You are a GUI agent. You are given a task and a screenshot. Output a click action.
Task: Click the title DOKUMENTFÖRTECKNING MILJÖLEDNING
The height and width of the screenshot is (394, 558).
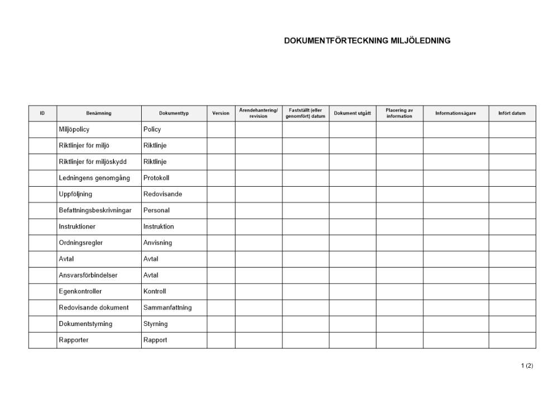[367, 41]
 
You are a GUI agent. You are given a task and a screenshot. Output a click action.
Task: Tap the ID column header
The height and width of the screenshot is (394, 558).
[42, 113]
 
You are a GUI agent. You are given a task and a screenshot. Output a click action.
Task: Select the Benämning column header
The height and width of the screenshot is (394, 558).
[99, 113]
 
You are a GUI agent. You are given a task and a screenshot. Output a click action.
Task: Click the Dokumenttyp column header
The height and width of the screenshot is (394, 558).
[174, 113]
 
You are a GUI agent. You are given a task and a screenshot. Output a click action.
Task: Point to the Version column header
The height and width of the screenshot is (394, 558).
[221, 113]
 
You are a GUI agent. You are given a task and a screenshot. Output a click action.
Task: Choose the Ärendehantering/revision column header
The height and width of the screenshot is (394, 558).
[258, 113]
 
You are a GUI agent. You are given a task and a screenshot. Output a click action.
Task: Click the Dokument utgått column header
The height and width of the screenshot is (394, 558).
[352, 113]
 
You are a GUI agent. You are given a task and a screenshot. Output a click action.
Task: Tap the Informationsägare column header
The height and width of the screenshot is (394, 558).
[456, 113]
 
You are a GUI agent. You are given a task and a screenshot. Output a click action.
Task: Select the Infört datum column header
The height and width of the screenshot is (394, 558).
[512, 113]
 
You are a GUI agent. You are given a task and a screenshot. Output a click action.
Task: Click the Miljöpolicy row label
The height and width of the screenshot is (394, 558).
[74, 130]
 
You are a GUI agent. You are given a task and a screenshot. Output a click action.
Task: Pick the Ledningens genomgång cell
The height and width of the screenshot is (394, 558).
[94, 178]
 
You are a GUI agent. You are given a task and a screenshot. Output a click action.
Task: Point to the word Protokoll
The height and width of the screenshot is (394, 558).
[156, 178]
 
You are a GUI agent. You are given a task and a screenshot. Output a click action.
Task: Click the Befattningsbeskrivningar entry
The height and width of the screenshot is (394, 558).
[95, 211]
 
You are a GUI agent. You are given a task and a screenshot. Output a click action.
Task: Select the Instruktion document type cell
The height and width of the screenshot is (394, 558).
[158, 227]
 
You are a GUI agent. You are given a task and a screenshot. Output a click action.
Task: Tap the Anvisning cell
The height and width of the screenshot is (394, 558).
[157, 243]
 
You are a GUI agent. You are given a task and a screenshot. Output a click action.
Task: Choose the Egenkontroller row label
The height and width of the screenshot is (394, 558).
[80, 291]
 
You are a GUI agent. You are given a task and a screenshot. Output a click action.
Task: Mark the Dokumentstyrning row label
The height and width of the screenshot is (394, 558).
[85, 324]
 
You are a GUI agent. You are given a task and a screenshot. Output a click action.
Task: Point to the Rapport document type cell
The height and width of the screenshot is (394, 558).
[155, 340]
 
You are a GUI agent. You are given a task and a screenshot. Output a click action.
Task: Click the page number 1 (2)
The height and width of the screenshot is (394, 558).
[527, 366]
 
